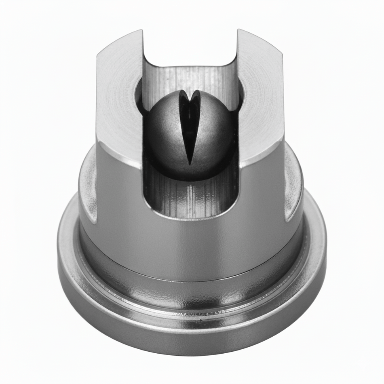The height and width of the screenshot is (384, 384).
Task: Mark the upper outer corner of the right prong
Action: click(282, 55)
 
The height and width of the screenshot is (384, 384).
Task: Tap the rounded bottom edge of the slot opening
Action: click(190, 218)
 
